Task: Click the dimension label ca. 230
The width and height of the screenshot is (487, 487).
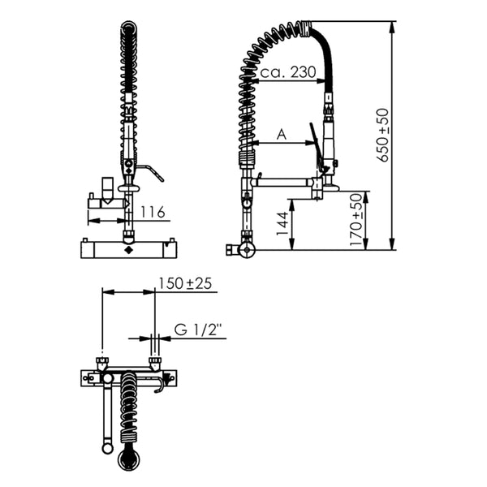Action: [x=288, y=72]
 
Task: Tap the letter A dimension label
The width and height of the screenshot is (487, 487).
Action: [x=282, y=135]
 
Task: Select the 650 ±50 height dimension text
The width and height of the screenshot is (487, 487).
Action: [x=382, y=135]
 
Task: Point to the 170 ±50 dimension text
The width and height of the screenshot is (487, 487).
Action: [x=356, y=220]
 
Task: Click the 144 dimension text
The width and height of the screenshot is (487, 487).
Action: [x=282, y=224]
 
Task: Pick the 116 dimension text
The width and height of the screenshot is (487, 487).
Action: [x=153, y=212]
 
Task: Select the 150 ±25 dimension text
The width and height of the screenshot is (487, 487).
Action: [x=185, y=283]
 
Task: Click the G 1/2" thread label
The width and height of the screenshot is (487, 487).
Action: [x=197, y=330]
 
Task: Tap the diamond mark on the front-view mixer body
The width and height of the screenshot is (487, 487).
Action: [x=128, y=250]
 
